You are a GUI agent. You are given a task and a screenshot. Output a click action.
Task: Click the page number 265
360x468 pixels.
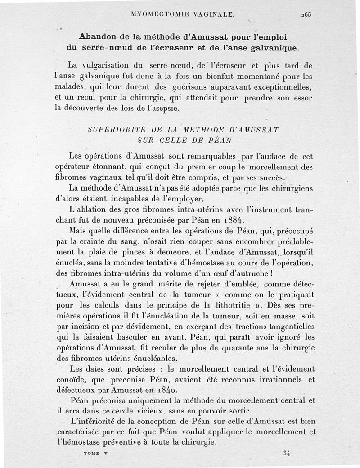306,14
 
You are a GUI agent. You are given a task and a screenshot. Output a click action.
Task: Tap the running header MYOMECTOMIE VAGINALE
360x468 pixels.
182,14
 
